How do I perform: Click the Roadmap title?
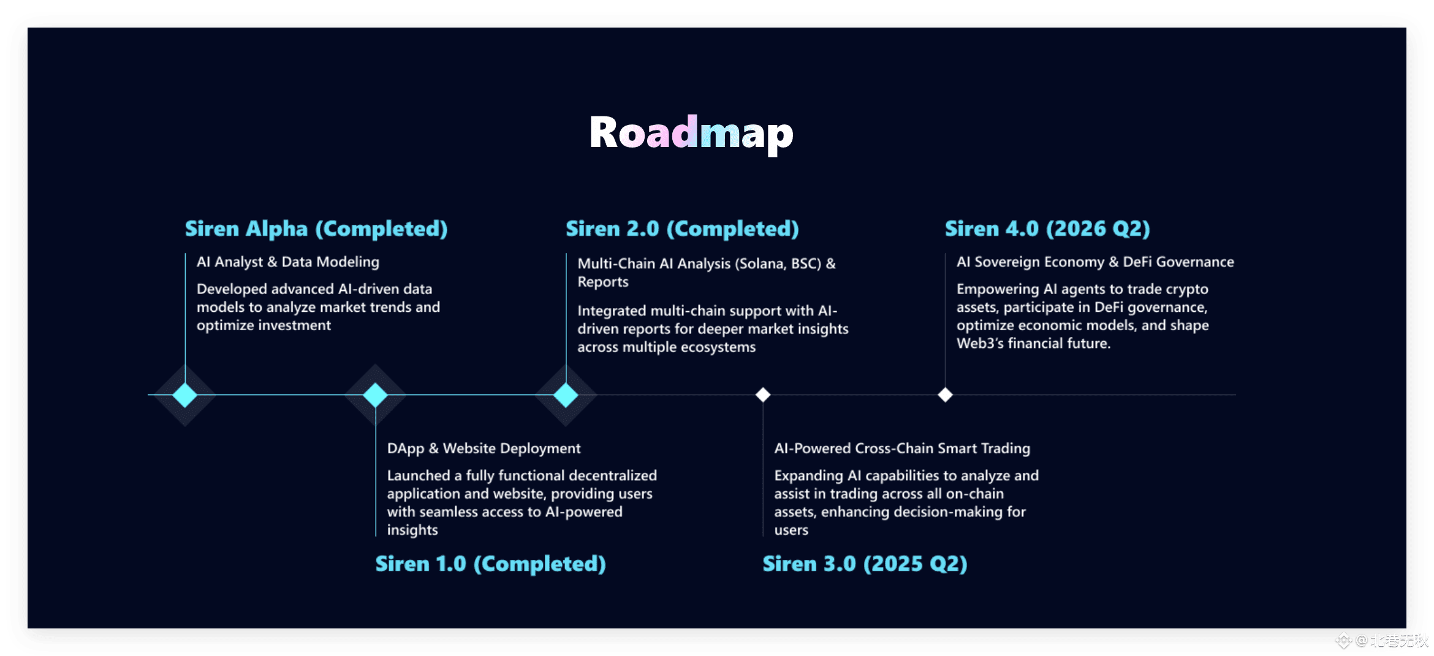point(691,134)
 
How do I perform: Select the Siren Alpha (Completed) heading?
point(316,228)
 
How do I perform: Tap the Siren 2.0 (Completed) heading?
point(682,228)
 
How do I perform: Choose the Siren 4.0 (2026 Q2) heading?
point(1047,228)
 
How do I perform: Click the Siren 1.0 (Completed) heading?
point(490,564)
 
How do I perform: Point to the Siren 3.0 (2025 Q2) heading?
point(865,564)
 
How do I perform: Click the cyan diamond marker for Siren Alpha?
point(184,395)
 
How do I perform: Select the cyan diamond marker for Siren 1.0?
point(375,395)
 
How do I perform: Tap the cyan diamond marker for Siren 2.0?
point(566,395)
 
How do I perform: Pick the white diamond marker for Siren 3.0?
point(763,395)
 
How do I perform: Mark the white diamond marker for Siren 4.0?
point(946,395)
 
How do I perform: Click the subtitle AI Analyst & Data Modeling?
point(288,262)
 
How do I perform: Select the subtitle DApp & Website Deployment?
point(484,449)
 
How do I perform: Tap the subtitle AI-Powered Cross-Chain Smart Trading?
point(902,448)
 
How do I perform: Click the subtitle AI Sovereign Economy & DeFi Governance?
point(1095,262)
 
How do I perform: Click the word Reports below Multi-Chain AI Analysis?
point(603,282)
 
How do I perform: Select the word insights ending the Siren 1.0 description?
point(412,530)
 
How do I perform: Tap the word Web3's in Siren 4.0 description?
point(980,344)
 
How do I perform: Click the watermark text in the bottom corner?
point(1384,641)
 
